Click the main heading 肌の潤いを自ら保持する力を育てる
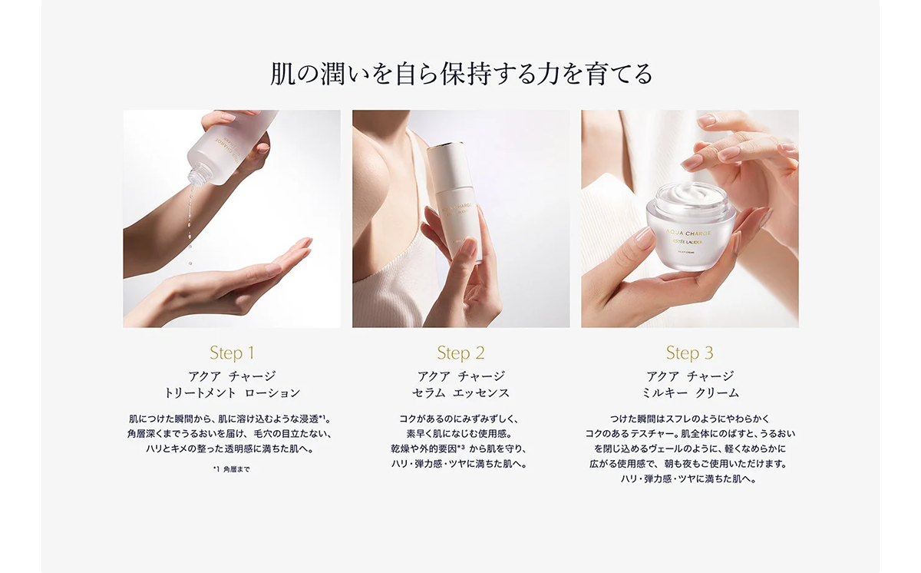tap(460, 74)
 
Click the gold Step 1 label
tap(232, 353)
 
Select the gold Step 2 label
tap(460, 353)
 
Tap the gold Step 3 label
tap(689, 353)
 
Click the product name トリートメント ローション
tap(232, 393)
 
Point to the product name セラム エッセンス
tap(460, 393)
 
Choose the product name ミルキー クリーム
tap(689, 393)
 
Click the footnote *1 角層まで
tap(231, 469)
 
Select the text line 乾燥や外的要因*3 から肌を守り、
tap(460, 449)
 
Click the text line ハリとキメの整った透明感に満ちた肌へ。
tap(232, 449)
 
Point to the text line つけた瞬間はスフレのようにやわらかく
tap(689, 419)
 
